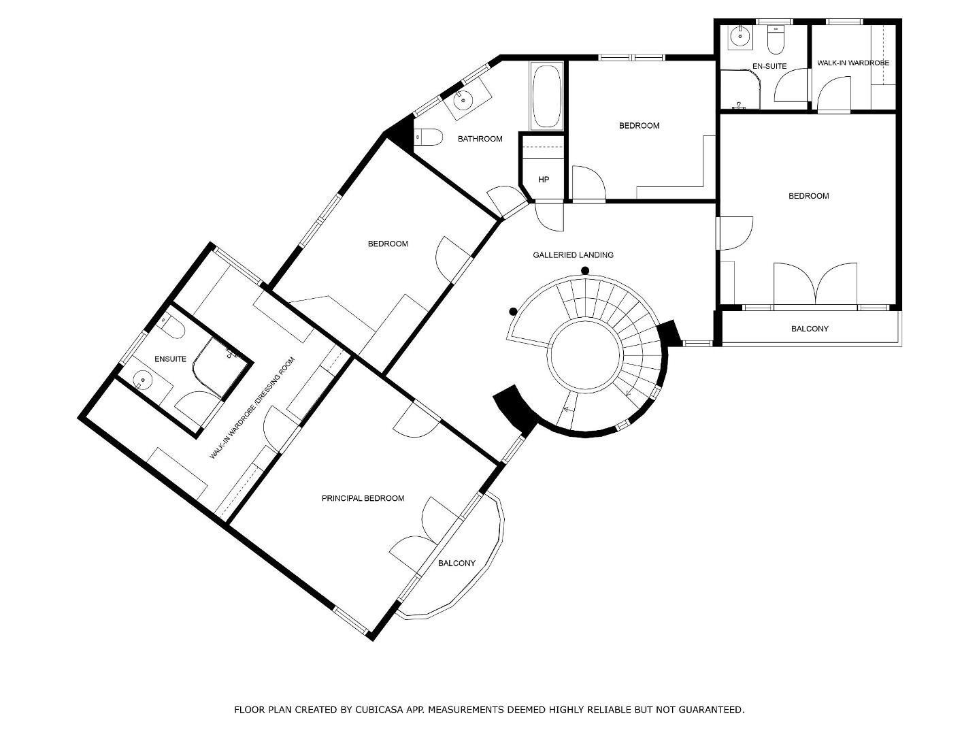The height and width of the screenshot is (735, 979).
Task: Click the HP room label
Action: (543, 180)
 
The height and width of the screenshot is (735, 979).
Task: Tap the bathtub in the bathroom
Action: (546, 97)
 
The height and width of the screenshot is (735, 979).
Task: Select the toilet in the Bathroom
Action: (429, 137)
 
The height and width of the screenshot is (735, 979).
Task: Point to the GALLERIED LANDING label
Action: (573, 255)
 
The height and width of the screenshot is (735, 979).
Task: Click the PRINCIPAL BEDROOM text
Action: (363, 498)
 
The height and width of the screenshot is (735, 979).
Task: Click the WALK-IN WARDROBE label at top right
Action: (852, 63)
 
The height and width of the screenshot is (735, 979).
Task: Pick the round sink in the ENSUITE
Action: (144, 380)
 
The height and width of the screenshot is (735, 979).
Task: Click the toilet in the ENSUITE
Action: (172, 327)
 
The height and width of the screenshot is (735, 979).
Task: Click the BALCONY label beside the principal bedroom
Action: (457, 563)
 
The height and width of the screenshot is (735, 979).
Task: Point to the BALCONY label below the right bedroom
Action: (810, 329)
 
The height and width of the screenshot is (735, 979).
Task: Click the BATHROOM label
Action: (480, 139)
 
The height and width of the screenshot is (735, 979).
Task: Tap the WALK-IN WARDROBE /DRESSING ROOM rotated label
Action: (252, 408)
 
